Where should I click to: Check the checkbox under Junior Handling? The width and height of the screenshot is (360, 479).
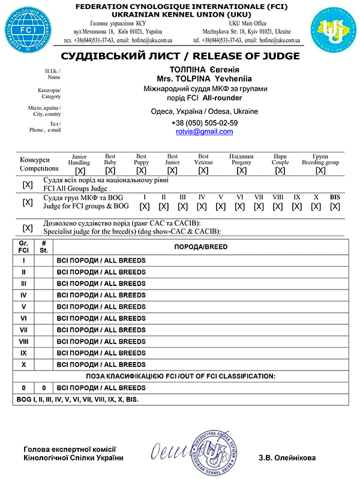coord(80,171)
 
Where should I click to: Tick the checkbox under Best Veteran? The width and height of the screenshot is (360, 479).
coord(203,171)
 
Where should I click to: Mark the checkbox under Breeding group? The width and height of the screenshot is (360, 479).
coord(320,171)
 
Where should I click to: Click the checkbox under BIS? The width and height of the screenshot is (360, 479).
coord(335,207)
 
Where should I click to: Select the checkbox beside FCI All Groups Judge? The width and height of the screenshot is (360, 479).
coord(28,184)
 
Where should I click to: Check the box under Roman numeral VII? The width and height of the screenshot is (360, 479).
coord(259,207)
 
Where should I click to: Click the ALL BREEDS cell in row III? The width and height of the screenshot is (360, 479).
coord(100,283)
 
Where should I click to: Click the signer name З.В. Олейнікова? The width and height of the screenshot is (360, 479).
coord(287,457)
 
